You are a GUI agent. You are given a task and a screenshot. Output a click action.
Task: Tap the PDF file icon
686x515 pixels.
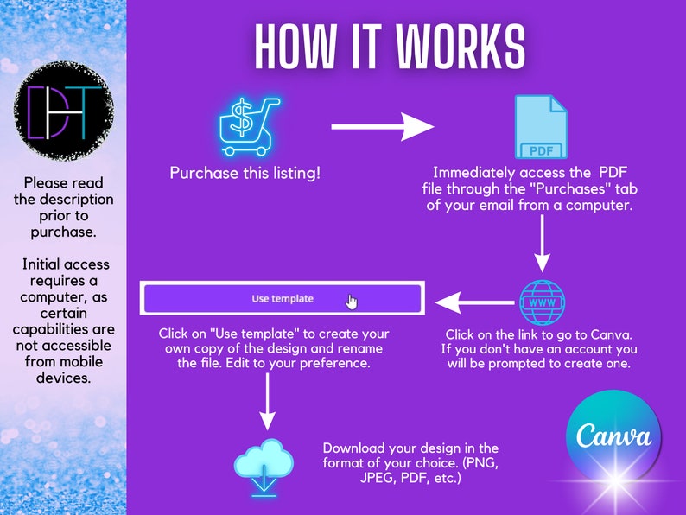541,127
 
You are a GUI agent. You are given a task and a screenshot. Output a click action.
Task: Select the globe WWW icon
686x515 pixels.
542,302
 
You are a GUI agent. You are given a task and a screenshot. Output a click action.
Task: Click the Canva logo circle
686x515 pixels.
613,437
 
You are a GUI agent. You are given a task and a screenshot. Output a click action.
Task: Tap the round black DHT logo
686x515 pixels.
64,111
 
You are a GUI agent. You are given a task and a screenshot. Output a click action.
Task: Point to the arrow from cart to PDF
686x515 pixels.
383,127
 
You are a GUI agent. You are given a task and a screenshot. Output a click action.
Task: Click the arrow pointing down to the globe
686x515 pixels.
543,244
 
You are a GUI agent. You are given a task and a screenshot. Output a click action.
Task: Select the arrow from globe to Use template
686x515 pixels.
475,302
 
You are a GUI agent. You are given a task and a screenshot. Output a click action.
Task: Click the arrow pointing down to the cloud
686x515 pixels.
267,401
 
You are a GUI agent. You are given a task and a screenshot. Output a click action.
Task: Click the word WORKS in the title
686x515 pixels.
460,47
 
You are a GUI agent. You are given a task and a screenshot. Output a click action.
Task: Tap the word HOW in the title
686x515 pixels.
295,47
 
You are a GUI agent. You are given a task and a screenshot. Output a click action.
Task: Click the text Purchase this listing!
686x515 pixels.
245,173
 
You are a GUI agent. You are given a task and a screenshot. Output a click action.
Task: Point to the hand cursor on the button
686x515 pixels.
352,302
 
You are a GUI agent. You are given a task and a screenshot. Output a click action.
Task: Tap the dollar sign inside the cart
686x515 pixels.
241,118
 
